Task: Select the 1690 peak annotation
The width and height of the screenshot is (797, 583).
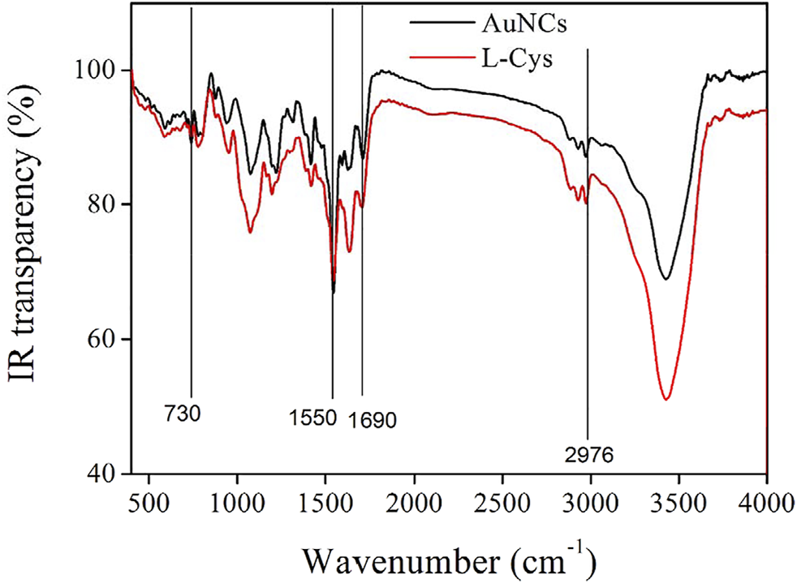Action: (x=373, y=421)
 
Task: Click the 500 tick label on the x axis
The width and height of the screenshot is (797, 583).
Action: (x=149, y=497)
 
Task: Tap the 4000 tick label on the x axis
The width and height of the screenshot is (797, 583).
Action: (x=766, y=497)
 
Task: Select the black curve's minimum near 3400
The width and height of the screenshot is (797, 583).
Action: (x=666, y=279)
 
